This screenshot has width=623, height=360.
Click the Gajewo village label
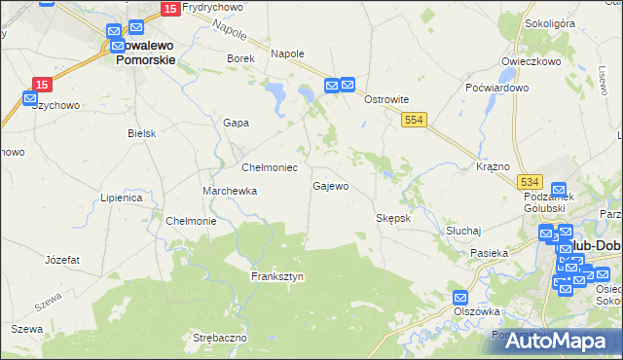click(x=330, y=186)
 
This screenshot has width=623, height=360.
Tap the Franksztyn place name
click(x=277, y=276)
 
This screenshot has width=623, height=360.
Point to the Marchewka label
click(x=230, y=191)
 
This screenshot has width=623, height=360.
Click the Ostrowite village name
click(x=385, y=100)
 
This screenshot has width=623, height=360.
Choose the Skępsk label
click(x=394, y=218)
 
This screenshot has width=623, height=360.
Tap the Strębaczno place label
click(x=220, y=337)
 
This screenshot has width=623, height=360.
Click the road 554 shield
click(x=416, y=118)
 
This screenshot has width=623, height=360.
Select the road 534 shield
click(x=530, y=182)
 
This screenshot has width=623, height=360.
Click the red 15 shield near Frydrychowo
click(x=170, y=9)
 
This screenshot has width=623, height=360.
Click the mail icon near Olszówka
click(x=460, y=297)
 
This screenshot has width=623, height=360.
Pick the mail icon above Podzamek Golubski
click(x=559, y=190)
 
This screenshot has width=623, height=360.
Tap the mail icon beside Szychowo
click(x=29, y=98)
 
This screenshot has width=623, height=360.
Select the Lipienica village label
click(x=122, y=198)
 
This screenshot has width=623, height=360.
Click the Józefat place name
click(x=62, y=260)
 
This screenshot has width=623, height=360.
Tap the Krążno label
click(x=494, y=166)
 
